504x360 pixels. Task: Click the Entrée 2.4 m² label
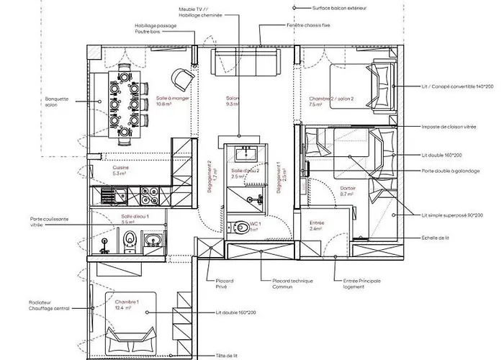click(x=316, y=226)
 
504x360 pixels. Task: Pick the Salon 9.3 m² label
click(x=232, y=101)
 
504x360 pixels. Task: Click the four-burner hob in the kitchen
click(x=150, y=196)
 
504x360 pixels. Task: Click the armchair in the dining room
click(x=182, y=76)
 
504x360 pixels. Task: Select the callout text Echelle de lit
click(x=437, y=238)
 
